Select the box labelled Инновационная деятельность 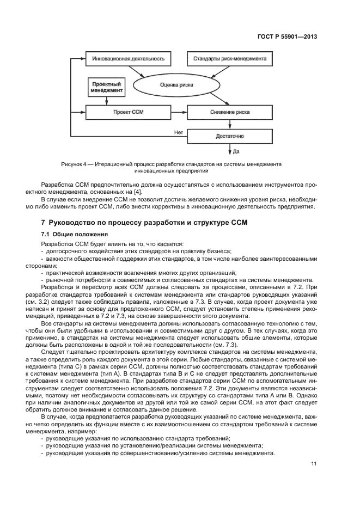pyautogui.click(x=128, y=58)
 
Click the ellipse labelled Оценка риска pyautogui.click(x=179, y=85)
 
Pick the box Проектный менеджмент pyautogui.click(x=106, y=87)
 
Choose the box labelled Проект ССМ pyautogui.click(x=129, y=112)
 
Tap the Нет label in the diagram pyautogui.click(x=178, y=132)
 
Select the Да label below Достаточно pyautogui.click(x=236, y=151)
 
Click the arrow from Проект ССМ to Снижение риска pyautogui.click(x=178, y=112)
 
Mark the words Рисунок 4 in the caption pyautogui.click(x=74, y=164)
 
